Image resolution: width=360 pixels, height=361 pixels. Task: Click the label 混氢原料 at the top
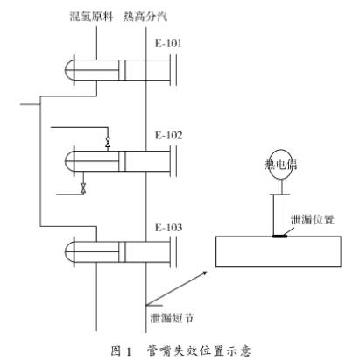tap(91, 16)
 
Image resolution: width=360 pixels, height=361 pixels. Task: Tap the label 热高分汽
tap(145, 16)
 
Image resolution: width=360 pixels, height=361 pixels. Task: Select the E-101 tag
tap(168, 44)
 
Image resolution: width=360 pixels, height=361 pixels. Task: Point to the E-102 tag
tap(168, 135)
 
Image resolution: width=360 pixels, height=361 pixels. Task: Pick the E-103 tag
tap(168, 227)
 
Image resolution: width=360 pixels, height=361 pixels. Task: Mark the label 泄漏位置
tap(313, 220)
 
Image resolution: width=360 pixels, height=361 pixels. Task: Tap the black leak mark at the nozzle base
tap(279, 236)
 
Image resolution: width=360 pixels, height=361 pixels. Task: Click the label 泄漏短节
tap(172, 318)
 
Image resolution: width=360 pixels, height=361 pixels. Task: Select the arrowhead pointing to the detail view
tap(205, 273)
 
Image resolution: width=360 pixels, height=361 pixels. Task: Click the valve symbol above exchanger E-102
tap(108, 142)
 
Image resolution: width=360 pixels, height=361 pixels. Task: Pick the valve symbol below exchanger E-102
tap(83, 188)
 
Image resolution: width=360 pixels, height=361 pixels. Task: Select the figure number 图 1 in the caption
tap(121, 350)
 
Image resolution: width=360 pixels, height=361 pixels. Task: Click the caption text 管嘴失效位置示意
tap(198, 350)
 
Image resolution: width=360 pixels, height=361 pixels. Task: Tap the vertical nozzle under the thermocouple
tap(279, 216)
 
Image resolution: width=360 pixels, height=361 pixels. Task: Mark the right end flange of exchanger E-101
tap(176, 70)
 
